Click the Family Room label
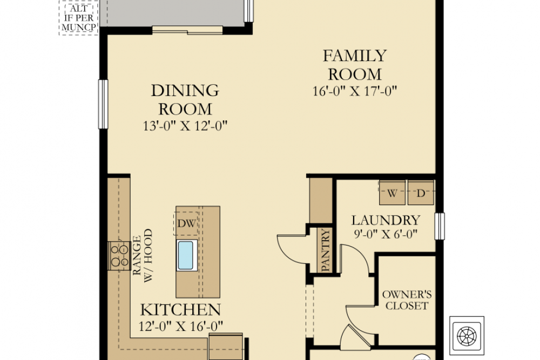point(355,65)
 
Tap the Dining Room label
point(185,100)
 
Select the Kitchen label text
point(180,310)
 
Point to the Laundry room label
point(386,220)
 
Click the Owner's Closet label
point(407,300)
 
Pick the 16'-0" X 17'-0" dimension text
point(355,91)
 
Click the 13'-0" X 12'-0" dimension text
point(185,126)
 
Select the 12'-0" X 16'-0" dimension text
point(180,326)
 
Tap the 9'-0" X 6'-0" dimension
point(386,234)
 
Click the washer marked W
point(392,192)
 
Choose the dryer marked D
point(421,192)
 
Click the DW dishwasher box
point(186,223)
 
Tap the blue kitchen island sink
point(187,255)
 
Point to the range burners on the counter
point(119,255)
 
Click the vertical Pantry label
point(325,250)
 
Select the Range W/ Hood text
point(143,255)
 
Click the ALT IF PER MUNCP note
point(78,18)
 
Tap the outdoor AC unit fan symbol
point(467,336)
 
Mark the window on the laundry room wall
point(440,226)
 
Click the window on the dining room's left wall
point(103,104)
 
